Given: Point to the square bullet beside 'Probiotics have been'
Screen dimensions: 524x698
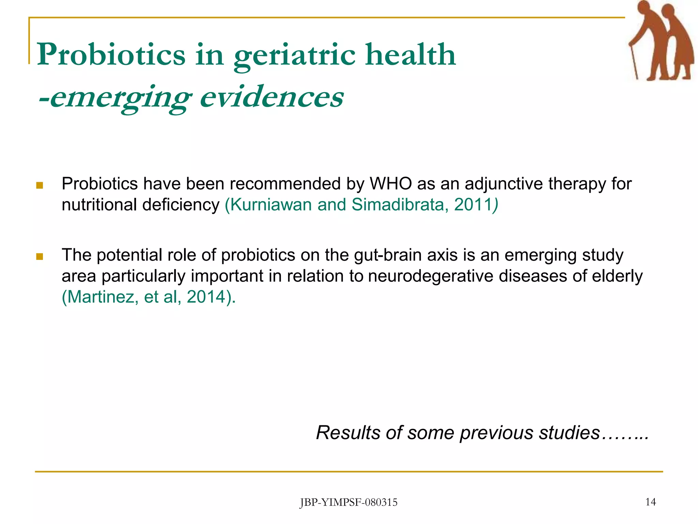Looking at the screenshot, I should coord(40,185).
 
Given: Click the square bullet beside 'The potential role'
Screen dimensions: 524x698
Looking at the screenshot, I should coord(40,256).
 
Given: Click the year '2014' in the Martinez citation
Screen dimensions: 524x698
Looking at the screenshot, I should coord(207,297).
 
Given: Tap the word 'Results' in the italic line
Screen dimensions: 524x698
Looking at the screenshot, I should coord(348,433).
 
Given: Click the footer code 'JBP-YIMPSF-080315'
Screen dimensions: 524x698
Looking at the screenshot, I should coord(349,503).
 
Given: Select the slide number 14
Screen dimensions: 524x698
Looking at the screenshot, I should coord(650,502).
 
